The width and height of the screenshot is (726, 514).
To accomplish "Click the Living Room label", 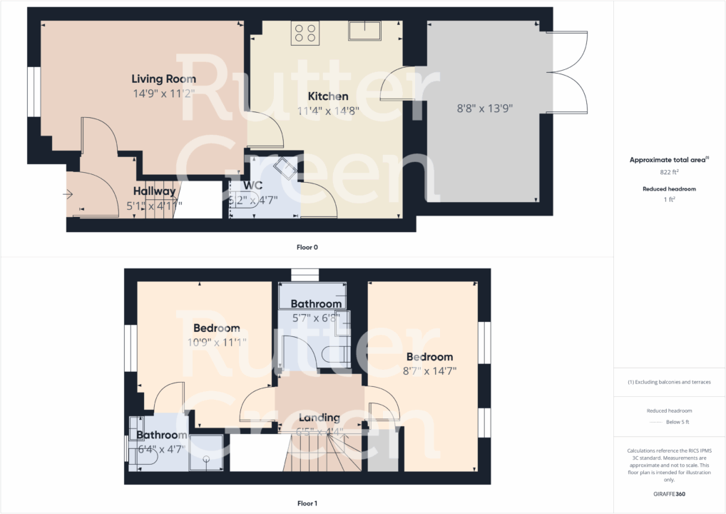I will click(163, 79).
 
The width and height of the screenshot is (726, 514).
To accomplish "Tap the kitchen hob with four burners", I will click(305, 33).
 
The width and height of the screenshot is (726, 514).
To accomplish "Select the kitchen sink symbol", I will click(364, 31).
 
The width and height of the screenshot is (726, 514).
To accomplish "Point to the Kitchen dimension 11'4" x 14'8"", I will click(328, 111).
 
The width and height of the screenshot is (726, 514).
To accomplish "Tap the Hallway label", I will click(155, 191).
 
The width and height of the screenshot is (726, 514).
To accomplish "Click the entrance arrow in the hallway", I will click(69, 193).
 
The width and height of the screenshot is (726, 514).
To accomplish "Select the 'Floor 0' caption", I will click(307, 248).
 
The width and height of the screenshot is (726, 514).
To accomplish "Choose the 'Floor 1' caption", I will click(307, 503).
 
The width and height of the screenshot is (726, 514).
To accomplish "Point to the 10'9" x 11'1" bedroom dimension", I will click(216, 342).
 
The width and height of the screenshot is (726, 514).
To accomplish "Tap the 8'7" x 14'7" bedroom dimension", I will click(429, 371).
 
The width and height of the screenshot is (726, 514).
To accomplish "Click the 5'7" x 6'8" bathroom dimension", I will click(315, 318).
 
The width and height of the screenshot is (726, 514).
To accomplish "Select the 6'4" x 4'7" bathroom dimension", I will click(161, 449).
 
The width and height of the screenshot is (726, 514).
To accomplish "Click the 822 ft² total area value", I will click(670, 173).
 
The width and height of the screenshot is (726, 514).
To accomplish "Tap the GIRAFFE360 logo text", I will click(670, 493).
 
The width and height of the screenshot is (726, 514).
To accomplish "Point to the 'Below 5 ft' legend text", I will click(677, 422).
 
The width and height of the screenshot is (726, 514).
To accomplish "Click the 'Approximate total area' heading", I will click(668, 161).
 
